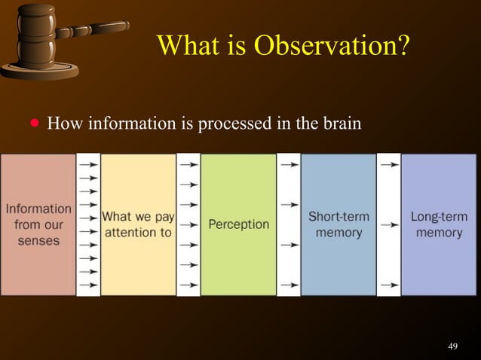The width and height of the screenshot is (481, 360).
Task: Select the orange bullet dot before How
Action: coord(33,122)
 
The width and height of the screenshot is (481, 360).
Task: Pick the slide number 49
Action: coord(452,346)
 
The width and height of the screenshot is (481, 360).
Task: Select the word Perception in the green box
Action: coord(238,224)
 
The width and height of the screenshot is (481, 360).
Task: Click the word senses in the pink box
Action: coord(38,242)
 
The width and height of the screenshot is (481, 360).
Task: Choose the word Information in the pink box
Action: coord(38,209)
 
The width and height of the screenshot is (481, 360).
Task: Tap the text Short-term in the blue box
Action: coord(339,216)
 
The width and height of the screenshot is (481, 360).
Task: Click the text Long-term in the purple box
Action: coord(439,216)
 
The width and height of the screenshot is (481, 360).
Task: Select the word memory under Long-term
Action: coord(439,233)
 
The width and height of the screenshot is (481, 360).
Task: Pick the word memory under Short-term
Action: coord(339,233)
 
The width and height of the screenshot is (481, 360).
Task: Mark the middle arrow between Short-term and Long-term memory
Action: coord(389,224)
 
